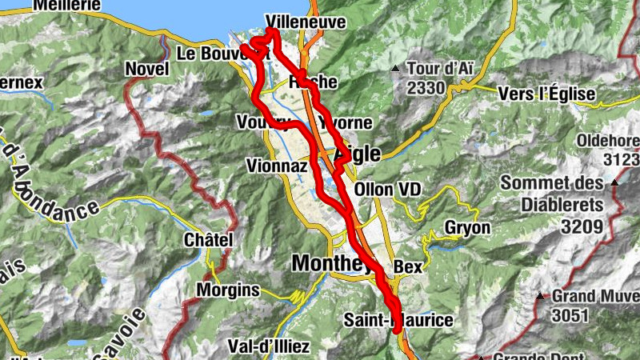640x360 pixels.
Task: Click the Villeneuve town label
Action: coord(308,23)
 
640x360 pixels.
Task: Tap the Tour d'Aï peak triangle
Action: coord(395,69)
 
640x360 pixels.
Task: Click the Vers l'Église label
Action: coord(546,94)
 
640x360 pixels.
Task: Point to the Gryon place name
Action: coord(467,228)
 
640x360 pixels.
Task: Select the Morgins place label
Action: coord(229,289)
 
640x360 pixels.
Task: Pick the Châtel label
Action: coord(208,240)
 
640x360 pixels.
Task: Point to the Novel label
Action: coord(145,70)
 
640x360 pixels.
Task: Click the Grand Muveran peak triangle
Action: coord(540,295)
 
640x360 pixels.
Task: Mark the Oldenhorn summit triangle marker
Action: coord(614,183)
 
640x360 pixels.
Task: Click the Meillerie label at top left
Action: coord(67,5)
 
